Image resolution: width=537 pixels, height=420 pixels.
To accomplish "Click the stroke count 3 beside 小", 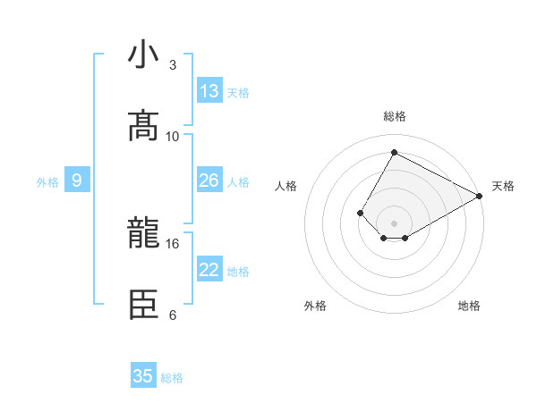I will [172, 65].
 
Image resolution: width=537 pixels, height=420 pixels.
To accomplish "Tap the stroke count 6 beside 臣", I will [172, 315].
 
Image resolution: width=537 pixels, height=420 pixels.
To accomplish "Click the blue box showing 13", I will [209, 91].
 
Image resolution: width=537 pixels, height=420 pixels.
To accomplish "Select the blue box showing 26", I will [209, 181].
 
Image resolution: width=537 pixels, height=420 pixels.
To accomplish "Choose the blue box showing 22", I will [209, 270].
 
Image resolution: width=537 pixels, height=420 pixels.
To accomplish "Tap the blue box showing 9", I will [77, 181].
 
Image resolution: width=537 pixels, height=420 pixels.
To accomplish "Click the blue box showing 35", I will [143, 376].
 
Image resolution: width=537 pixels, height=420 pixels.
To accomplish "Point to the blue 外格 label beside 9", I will [47, 181].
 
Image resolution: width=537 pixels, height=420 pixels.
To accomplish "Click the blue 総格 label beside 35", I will [172, 377].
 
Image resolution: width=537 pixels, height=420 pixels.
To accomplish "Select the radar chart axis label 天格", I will [503, 186].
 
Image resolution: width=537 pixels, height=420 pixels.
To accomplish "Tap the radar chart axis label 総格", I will [394, 116].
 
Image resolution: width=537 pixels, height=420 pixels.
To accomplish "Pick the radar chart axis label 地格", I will [469, 306].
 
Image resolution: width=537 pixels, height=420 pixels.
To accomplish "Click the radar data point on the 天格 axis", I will [479, 196].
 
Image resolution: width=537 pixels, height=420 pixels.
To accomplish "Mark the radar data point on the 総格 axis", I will [394, 153].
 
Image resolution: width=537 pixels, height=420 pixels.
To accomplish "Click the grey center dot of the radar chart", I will [394, 223].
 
